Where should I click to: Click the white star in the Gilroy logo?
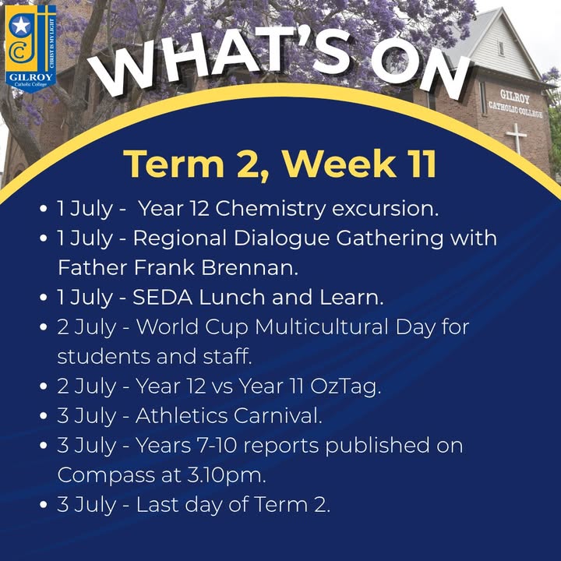tap(20, 26)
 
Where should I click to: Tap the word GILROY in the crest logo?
tap(30, 76)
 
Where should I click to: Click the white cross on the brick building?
tap(516, 139)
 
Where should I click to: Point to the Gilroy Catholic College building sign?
tap(515, 104)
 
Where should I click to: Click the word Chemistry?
tap(270, 210)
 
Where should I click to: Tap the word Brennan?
tap(249, 267)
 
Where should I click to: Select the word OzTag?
tap(345, 386)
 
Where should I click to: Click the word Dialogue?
tap(281, 239)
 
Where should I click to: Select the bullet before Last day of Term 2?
tap(44, 505)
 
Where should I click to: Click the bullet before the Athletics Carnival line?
tap(44, 416)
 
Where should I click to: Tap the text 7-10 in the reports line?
tap(221, 446)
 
